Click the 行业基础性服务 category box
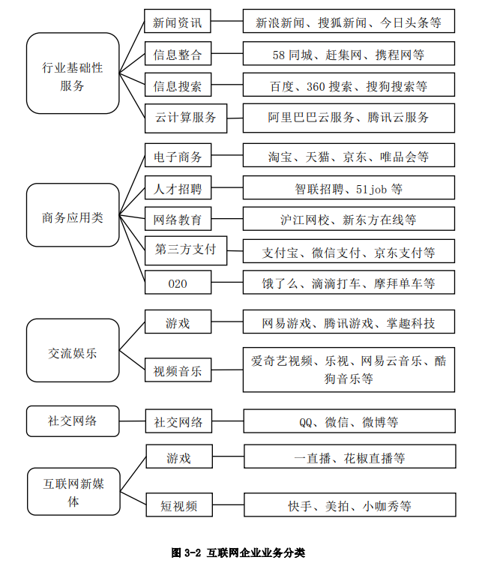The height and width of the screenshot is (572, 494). click(73, 73)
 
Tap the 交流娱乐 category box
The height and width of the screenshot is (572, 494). click(73, 350)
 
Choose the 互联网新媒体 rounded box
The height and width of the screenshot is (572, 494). click(73, 491)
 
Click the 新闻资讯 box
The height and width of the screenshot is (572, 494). click(178, 22)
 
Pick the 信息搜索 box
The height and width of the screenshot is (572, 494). click(178, 86)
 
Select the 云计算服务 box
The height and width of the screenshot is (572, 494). click(186, 118)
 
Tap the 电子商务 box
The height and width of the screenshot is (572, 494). click(178, 156)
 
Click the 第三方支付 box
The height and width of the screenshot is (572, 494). click(186, 250)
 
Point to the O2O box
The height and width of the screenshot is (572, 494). click(178, 283)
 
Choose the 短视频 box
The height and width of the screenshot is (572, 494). click(178, 505)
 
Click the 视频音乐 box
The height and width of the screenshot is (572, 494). click(178, 370)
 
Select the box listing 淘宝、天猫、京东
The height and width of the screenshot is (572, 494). click(349, 156)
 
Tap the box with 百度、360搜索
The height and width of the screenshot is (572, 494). click(349, 86)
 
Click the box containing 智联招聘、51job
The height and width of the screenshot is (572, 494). click(349, 188)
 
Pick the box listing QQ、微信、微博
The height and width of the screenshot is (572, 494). click(349, 422)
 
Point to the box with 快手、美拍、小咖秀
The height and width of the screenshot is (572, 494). click(349, 505)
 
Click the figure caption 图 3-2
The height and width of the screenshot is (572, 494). click(238, 553)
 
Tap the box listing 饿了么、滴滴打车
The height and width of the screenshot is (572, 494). click(349, 283)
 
